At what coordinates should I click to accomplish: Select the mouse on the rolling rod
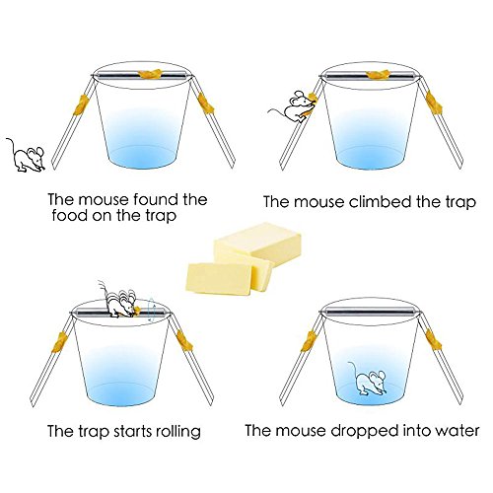pos(120,302)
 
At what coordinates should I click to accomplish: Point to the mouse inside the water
pos(369,379)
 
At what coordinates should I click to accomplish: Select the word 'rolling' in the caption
pos(178,431)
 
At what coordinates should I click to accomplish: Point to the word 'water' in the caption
pos(457,431)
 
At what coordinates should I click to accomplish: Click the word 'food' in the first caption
pos(69,216)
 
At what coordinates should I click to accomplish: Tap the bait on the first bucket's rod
pos(150,74)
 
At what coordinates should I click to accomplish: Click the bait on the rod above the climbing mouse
pos(378,75)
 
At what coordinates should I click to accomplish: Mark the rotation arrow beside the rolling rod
pos(151,310)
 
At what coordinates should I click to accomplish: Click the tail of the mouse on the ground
pos(12,147)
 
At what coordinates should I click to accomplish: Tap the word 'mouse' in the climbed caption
pos(318,202)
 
